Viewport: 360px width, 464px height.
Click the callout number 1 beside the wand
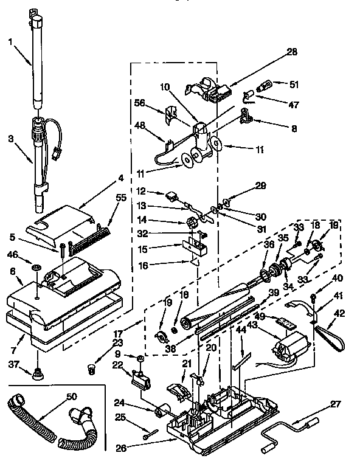pyautogui.click(x=10, y=41)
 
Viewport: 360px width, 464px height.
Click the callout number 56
pyautogui.click(x=140, y=103)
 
